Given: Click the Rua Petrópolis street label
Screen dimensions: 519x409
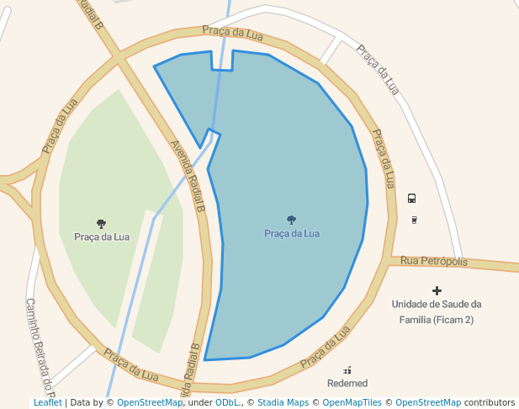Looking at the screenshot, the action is pyautogui.click(x=433, y=261).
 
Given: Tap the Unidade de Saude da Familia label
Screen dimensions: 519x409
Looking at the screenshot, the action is pyautogui.click(x=437, y=311).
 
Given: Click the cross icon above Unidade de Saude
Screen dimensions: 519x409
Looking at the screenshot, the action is pyautogui.click(x=437, y=290).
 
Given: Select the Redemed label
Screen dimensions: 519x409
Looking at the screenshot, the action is pyautogui.click(x=347, y=383).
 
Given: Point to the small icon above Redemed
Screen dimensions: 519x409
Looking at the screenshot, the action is pyautogui.click(x=347, y=369).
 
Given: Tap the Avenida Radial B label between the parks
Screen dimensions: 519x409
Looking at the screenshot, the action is pyautogui.click(x=188, y=175).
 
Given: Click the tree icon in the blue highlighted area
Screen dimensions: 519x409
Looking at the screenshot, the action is pyautogui.click(x=292, y=220).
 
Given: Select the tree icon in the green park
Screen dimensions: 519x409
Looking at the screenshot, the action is pyautogui.click(x=101, y=224).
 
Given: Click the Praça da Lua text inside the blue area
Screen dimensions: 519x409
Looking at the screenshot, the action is pyautogui.click(x=292, y=233).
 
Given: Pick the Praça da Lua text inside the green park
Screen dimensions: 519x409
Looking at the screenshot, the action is pyautogui.click(x=101, y=236).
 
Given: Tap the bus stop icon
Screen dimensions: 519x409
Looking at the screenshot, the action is pyautogui.click(x=411, y=199).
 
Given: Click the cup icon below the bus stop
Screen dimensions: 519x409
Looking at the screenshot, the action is pyautogui.click(x=414, y=220).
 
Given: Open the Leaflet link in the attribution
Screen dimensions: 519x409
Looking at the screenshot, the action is pyautogui.click(x=47, y=402).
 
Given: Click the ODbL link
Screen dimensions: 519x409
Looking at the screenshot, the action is pyautogui.click(x=227, y=402).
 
